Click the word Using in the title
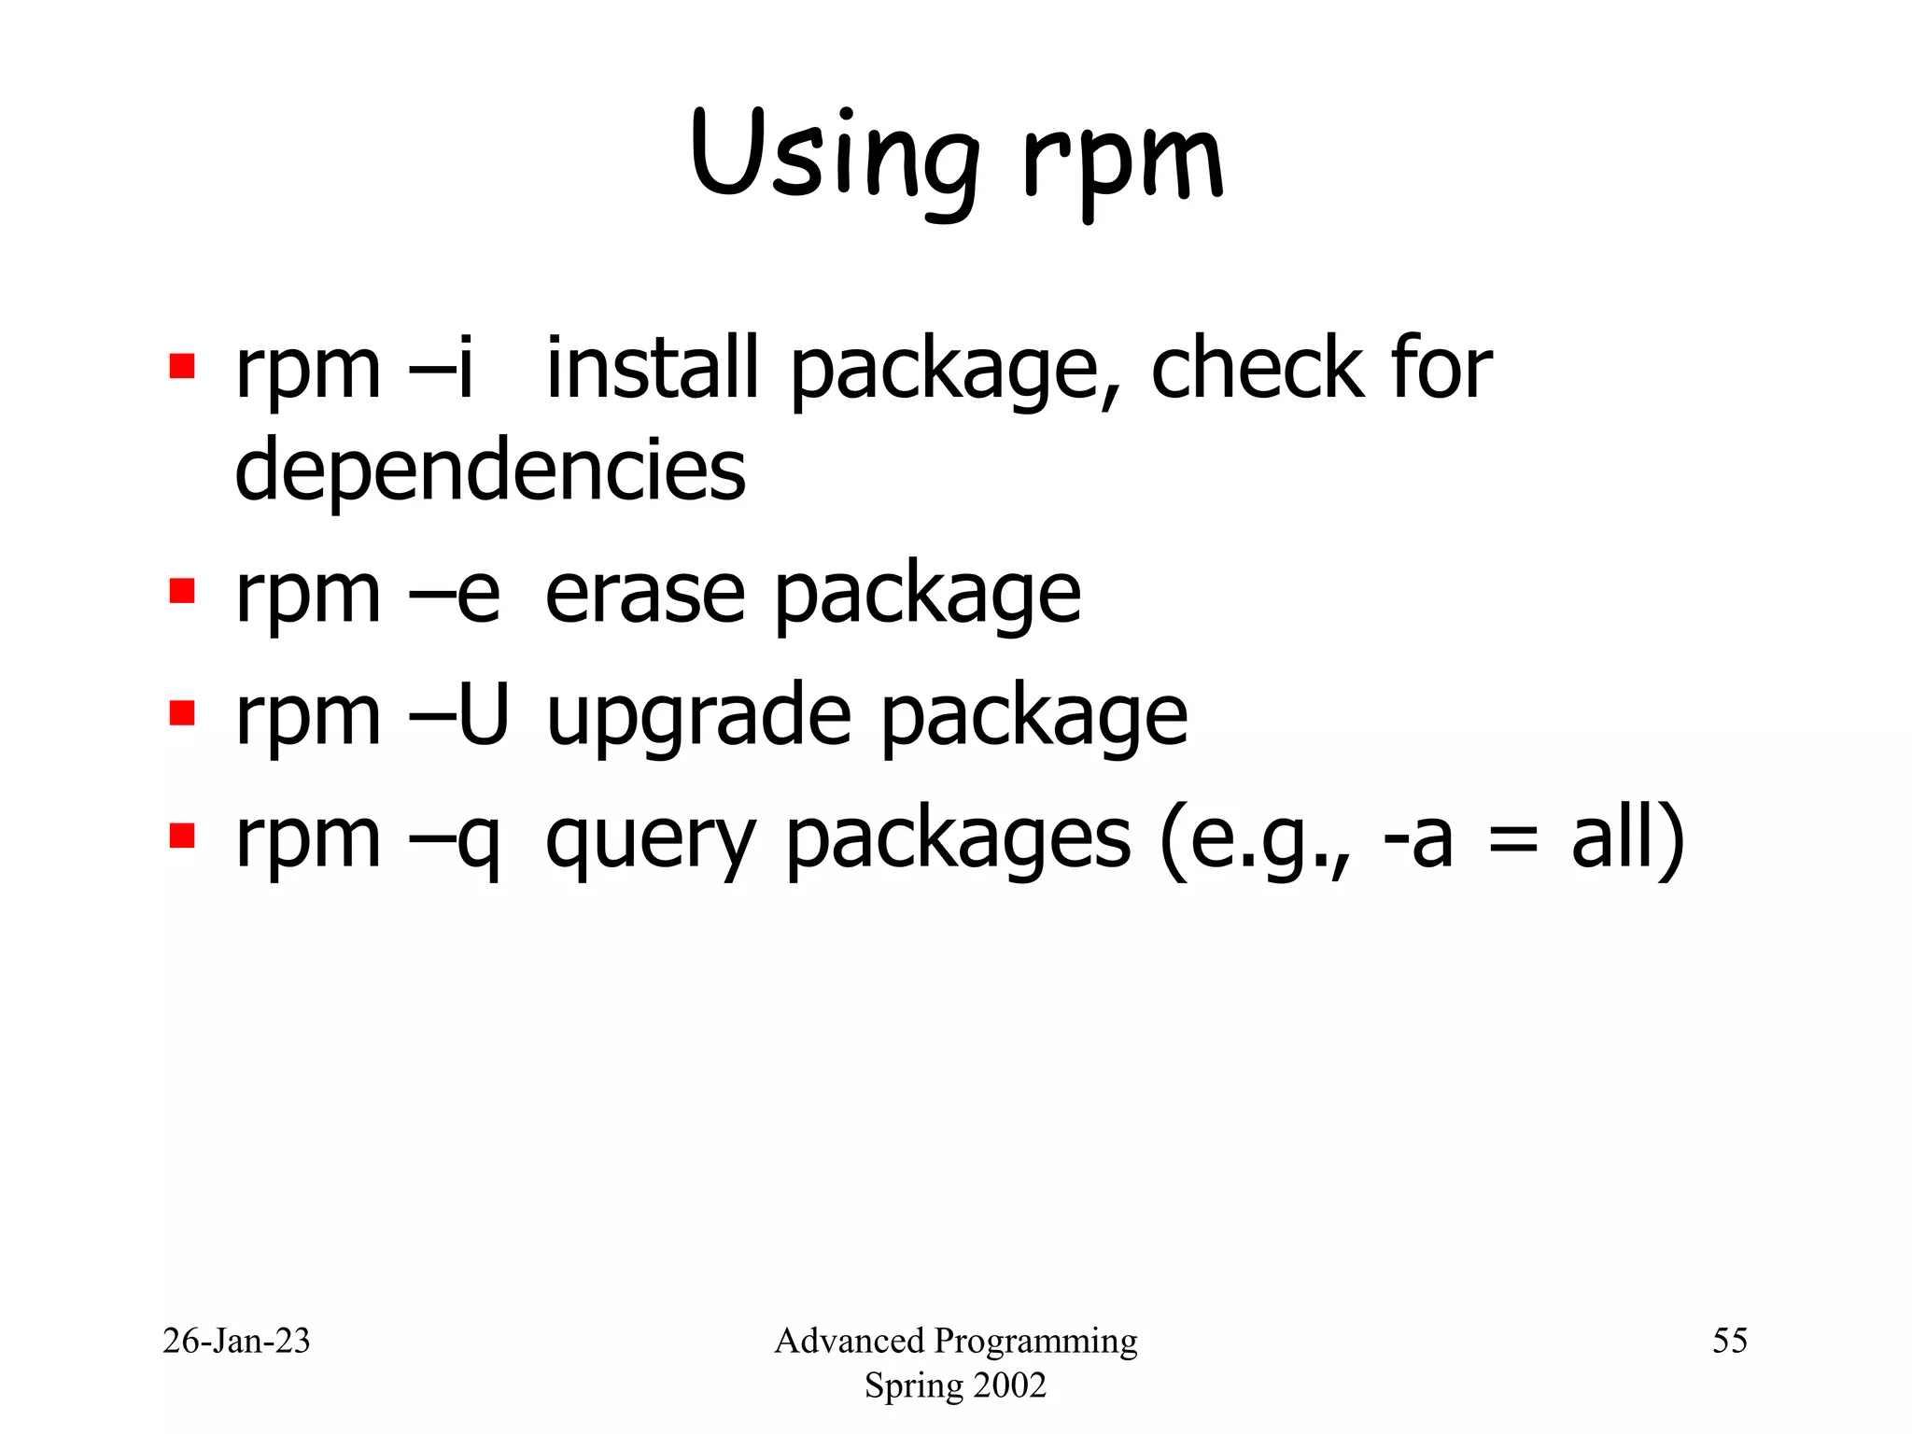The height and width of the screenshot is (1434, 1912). pos(836,157)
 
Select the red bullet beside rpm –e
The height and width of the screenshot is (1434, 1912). pos(182,591)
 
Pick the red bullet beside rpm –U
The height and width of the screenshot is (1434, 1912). pos(182,713)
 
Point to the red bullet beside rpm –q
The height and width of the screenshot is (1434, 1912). pos(182,835)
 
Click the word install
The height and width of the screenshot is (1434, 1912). pos(652,369)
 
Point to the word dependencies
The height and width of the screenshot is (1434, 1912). pos(490,470)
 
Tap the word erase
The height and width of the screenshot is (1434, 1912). pos(644,595)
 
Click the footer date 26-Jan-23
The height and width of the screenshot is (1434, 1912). pos(236,1341)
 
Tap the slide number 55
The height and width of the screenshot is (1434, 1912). pos(1729,1341)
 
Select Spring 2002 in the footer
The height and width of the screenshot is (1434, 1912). pos(955,1385)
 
